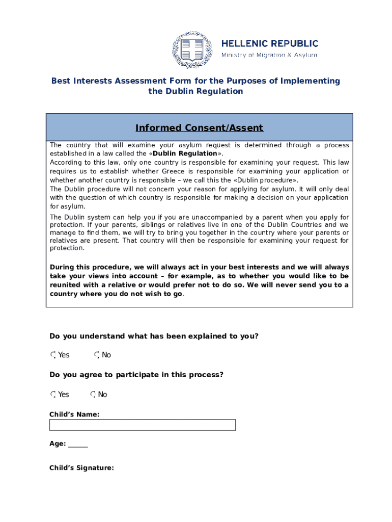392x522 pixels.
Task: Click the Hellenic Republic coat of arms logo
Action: (x=191, y=50)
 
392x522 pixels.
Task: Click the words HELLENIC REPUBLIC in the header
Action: (x=269, y=43)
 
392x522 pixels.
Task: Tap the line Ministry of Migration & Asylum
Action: (x=269, y=55)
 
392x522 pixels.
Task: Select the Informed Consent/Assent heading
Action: (x=199, y=127)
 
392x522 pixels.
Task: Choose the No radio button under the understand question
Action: (x=97, y=355)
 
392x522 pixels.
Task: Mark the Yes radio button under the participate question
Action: (x=53, y=395)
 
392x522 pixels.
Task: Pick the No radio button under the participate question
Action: (x=93, y=395)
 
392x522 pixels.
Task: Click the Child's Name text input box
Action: (x=142, y=425)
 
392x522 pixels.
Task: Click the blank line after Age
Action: (x=78, y=444)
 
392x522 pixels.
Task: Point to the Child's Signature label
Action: (x=81, y=467)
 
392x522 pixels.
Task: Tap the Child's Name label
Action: (x=74, y=414)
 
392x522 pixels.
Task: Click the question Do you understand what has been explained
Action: (x=154, y=336)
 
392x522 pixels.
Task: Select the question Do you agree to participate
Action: (x=136, y=375)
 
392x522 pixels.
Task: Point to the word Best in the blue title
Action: (x=61, y=81)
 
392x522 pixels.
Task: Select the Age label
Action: (x=57, y=444)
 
